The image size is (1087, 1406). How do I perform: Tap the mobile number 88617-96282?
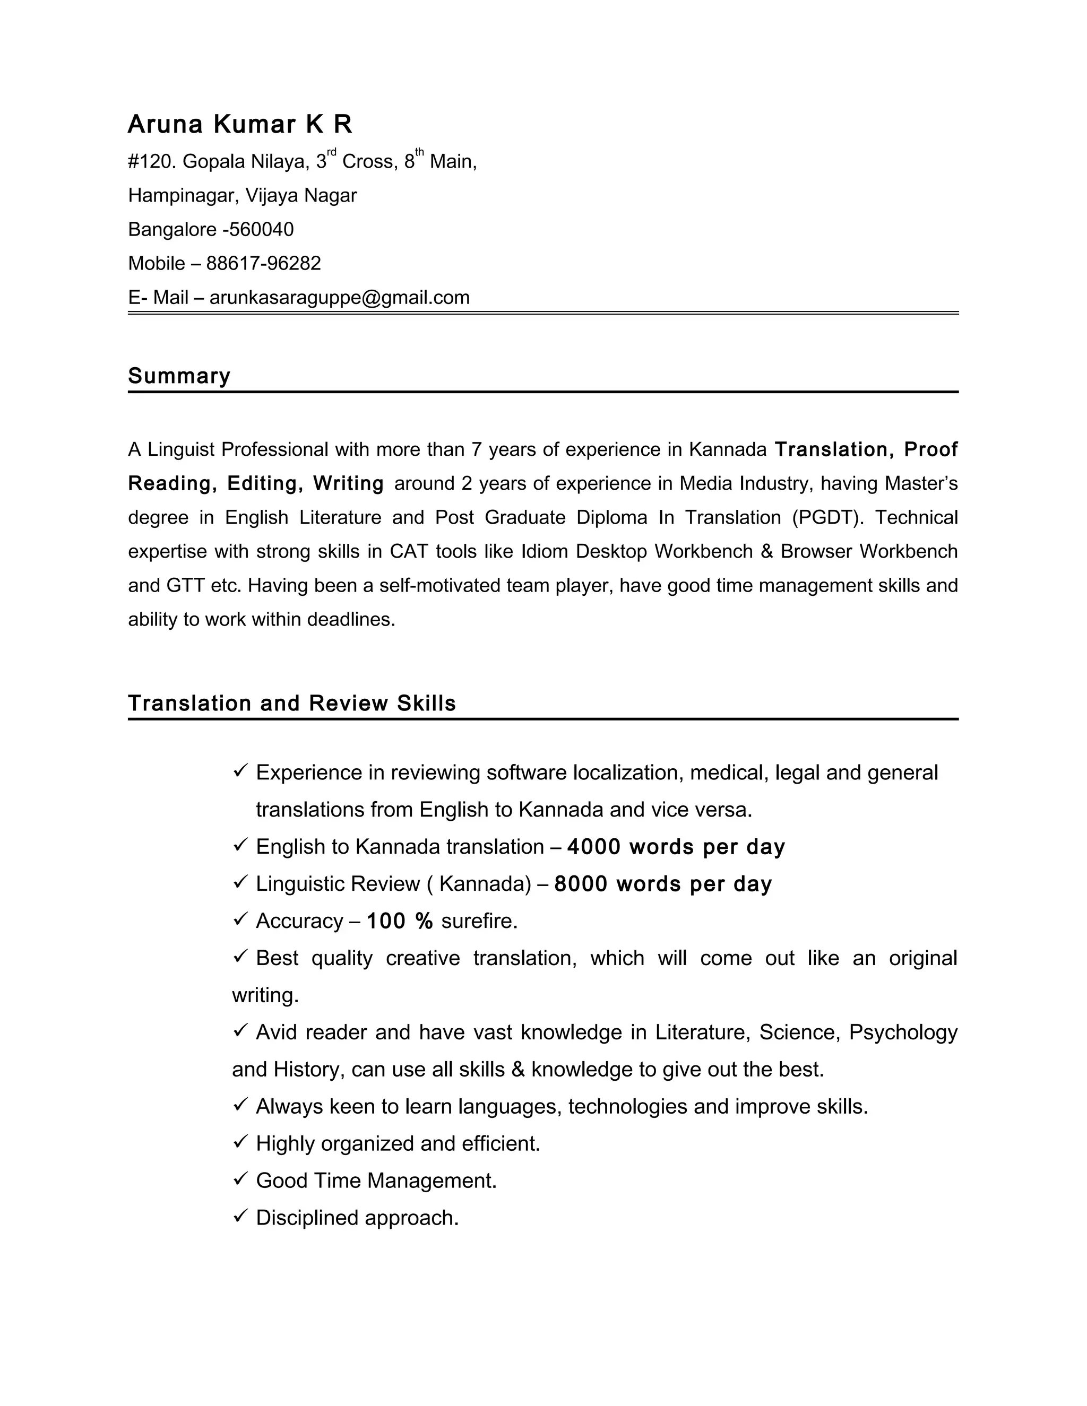(263, 263)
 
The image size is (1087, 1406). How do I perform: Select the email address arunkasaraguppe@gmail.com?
(339, 298)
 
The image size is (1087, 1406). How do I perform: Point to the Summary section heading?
(179, 376)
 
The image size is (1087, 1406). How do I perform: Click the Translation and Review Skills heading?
(292, 703)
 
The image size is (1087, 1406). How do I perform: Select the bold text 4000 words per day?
(676, 847)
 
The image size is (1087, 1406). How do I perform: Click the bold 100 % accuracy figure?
(399, 921)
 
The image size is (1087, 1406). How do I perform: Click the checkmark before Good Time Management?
(240, 1179)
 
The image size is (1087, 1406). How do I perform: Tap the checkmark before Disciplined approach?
(240, 1216)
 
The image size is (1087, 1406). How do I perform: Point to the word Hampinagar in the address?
(182, 195)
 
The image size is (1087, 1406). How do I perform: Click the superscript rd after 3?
(332, 152)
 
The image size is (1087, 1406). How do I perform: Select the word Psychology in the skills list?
(903, 1032)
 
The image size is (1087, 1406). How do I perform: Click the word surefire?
(479, 921)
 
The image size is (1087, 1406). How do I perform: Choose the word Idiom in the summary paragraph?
(544, 552)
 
